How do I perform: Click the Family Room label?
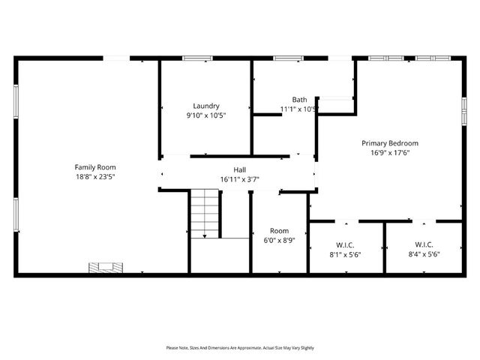pyautogui.click(x=94, y=166)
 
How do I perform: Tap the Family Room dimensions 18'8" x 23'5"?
pyautogui.click(x=94, y=177)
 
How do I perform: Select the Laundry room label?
pyautogui.click(x=205, y=106)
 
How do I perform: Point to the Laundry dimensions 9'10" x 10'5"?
pyautogui.click(x=205, y=115)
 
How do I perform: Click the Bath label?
pyautogui.click(x=299, y=100)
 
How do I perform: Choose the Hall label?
pyautogui.click(x=239, y=169)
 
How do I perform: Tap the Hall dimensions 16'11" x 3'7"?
pyautogui.click(x=239, y=180)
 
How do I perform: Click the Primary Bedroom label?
pyautogui.click(x=389, y=142)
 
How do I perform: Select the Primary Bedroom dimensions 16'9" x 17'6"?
pyautogui.click(x=389, y=153)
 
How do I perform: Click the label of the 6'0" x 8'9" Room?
pyautogui.click(x=279, y=231)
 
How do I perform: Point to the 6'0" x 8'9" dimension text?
pyautogui.click(x=279, y=241)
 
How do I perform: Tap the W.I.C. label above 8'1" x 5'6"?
pyautogui.click(x=346, y=244)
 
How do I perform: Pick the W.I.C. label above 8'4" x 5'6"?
pyautogui.click(x=424, y=244)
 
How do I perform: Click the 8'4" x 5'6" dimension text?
pyautogui.click(x=424, y=254)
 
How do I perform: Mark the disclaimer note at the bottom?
pyautogui.click(x=240, y=348)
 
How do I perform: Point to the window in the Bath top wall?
pyautogui.click(x=287, y=58)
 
